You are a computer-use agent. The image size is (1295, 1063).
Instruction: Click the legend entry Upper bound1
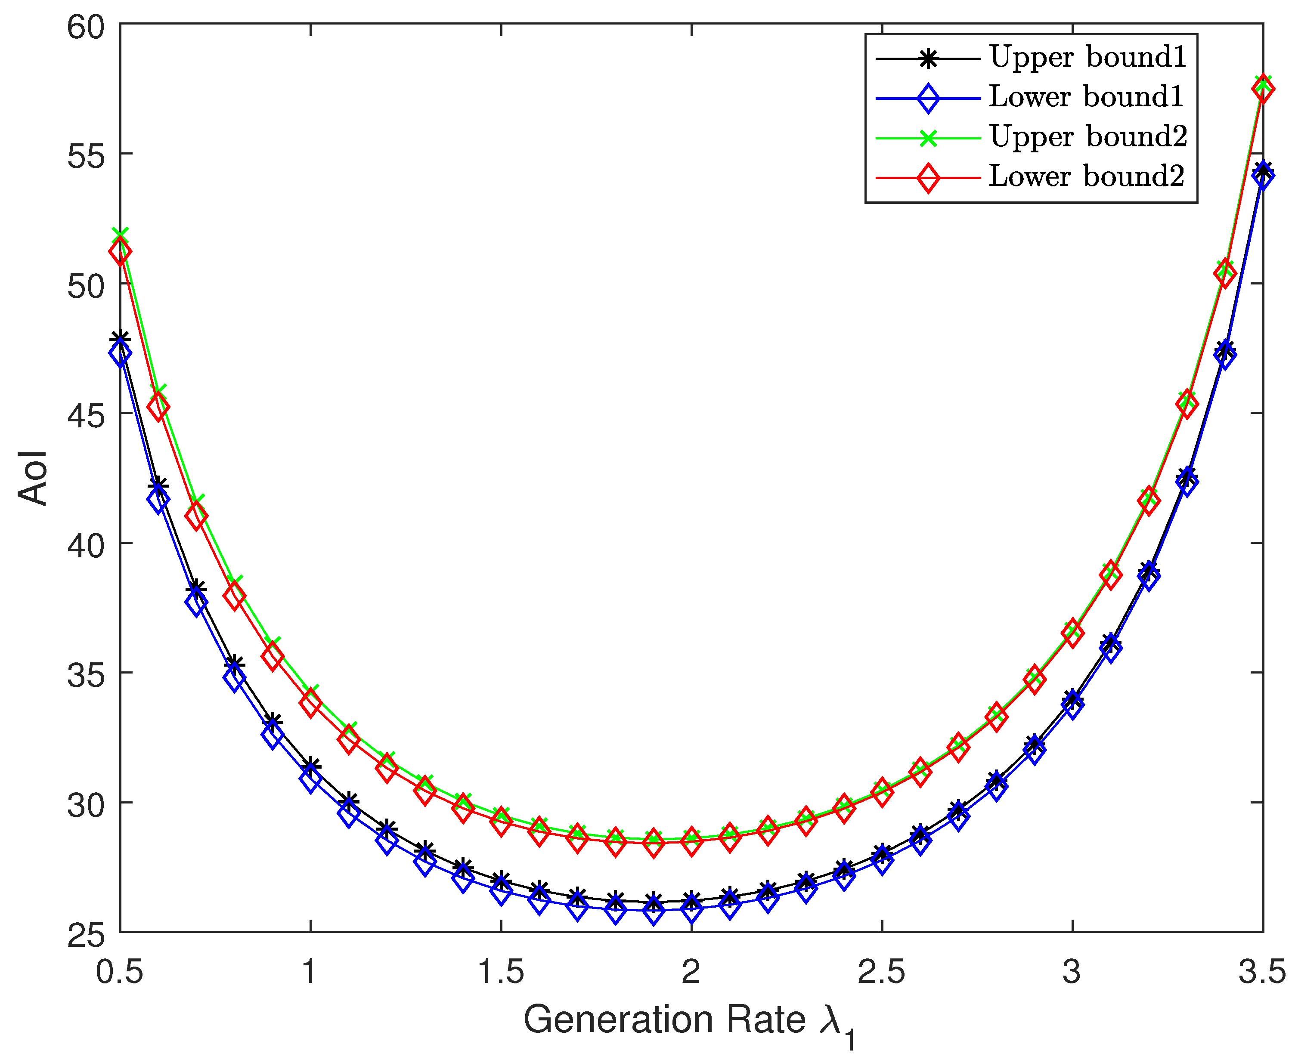pyautogui.click(x=1087, y=57)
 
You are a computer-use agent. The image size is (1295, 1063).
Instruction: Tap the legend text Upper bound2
pyautogui.click(x=1088, y=136)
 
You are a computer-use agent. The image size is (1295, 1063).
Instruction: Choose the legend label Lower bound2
pyautogui.click(x=1086, y=176)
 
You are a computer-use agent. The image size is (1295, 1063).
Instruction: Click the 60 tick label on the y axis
pyautogui.click(x=86, y=27)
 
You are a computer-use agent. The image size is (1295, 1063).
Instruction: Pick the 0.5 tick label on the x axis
pyautogui.click(x=120, y=972)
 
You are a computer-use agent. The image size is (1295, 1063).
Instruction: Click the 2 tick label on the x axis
pyautogui.click(x=691, y=972)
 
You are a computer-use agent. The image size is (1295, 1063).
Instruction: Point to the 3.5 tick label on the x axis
pyautogui.click(x=1262, y=972)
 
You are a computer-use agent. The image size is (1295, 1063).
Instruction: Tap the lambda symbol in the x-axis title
pyautogui.click(x=830, y=1020)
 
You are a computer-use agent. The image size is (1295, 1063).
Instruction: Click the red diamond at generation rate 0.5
pyautogui.click(x=120, y=252)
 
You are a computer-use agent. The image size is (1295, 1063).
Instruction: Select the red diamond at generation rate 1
pyautogui.click(x=310, y=702)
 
